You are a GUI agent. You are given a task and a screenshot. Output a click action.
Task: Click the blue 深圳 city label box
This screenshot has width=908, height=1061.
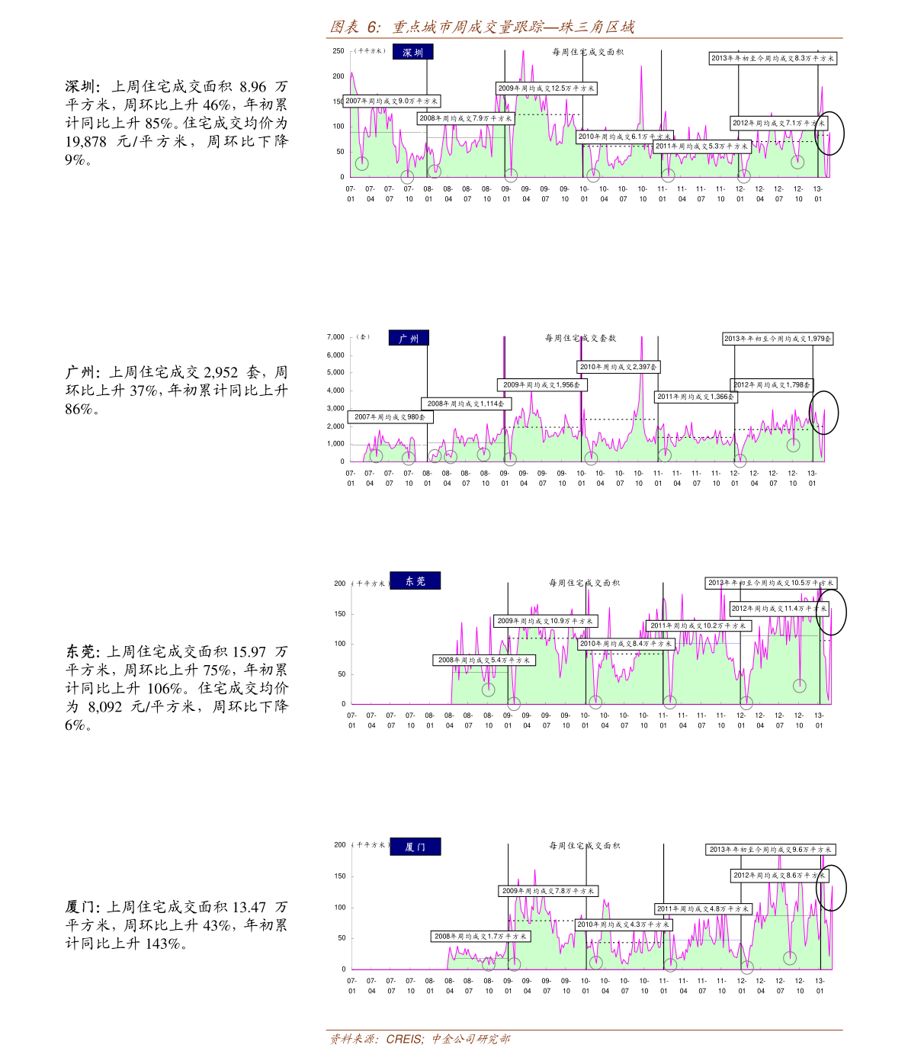pyautogui.click(x=413, y=52)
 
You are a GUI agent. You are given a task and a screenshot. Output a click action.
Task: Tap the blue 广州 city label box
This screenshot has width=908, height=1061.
pyautogui.click(x=409, y=338)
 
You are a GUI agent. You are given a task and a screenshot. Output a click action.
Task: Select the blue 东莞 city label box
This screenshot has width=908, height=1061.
pyautogui.click(x=415, y=581)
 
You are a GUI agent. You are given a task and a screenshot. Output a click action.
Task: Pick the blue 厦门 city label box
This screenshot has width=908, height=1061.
pyautogui.click(x=415, y=847)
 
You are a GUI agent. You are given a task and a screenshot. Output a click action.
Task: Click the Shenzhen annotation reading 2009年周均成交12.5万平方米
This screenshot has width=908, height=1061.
pyautogui.click(x=546, y=88)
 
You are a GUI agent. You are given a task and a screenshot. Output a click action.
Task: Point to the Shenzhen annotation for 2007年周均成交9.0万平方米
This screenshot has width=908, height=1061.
pyautogui.click(x=391, y=101)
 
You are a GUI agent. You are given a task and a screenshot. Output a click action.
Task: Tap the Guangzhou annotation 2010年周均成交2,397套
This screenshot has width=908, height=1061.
pyautogui.click(x=618, y=367)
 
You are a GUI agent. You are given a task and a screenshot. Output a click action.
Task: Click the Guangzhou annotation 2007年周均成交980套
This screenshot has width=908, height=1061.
pyautogui.click(x=390, y=417)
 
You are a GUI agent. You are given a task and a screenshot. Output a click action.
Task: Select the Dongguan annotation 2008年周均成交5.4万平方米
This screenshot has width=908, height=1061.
pyautogui.click(x=484, y=660)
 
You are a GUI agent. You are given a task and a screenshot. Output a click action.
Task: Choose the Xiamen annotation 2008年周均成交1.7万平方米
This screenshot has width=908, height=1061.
pyautogui.click(x=480, y=936)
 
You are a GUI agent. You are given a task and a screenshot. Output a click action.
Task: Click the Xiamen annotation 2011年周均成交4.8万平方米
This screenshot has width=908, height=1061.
pyautogui.click(x=703, y=908)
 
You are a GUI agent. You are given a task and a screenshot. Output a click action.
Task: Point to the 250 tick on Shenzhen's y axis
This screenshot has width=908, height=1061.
pyautogui.click(x=338, y=51)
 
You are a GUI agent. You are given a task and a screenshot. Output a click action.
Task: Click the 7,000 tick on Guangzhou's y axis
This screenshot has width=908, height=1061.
pyautogui.click(x=335, y=336)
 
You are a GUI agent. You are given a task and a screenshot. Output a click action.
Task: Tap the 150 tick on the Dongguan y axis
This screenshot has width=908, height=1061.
pyautogui.click(x=339, y=613)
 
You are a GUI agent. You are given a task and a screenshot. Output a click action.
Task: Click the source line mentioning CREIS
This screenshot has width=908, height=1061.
pyautogui.click(x=420, y=1039)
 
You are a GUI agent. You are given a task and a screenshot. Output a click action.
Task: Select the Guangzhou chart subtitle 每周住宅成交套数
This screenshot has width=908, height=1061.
pyautogui.click(x=580, y=338)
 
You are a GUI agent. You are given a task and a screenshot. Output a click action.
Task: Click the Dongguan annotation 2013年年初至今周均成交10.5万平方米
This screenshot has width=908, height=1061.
pyautogui.click(x=771, y=583)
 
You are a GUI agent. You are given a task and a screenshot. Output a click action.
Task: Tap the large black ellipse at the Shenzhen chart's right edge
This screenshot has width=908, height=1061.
pyautogui.click(x=829, y=133)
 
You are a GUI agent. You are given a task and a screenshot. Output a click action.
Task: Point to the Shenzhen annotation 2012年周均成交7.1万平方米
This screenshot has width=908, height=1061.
pyautogui.click(x=778, y=123)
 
